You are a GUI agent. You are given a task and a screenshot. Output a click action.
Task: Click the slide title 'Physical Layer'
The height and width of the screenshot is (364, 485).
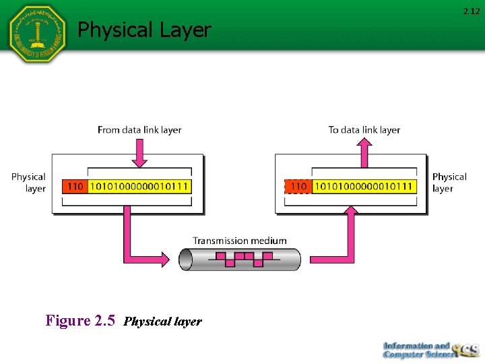pos(144,30)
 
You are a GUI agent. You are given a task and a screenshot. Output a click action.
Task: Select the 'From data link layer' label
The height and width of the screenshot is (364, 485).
pos(139,129)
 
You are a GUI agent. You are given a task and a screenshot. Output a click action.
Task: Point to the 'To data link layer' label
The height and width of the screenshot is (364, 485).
pos(364,129)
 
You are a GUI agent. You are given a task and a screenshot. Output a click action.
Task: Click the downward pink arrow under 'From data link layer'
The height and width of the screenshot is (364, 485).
pos(139,153)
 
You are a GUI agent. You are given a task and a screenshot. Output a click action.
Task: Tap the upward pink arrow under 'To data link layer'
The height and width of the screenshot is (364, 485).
pos(364,153)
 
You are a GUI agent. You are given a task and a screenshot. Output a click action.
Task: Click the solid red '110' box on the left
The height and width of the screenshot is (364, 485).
pos(74,186)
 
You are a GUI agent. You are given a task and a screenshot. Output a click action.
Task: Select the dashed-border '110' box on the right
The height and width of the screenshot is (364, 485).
pos(298,186)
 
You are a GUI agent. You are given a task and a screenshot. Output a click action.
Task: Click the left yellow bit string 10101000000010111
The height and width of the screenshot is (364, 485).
pos(139,186)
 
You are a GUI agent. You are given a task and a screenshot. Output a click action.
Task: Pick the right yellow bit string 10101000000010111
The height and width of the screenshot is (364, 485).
pos(364,186)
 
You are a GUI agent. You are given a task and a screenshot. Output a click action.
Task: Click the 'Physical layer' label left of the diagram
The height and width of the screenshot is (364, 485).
pos(29,183)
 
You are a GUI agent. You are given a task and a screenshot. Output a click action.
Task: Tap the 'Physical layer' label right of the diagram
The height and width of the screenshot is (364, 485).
pos(449,183)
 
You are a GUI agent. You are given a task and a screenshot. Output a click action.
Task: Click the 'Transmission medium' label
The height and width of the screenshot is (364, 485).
pos(240,241)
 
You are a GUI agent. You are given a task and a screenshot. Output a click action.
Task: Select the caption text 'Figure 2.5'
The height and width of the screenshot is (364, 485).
pos(81,320)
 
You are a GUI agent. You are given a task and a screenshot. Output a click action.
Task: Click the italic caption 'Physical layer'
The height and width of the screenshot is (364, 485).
pos(163,322)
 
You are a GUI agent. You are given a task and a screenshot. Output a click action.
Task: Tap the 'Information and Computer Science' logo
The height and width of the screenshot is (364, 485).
pos(429,349)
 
